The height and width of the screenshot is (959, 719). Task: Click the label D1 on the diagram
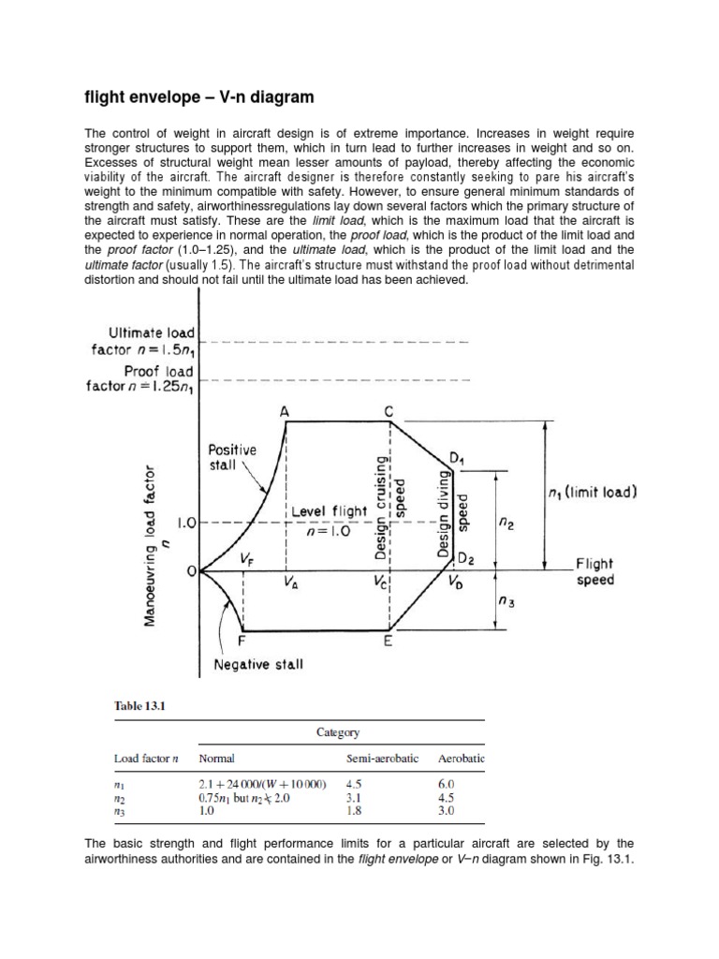point(457,458)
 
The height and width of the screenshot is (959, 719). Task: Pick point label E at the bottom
point(388,642)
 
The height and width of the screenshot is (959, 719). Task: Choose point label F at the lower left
point(242,642)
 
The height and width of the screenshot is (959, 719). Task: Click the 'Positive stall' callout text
point(231,457)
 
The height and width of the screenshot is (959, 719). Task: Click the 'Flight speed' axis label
point(594,571)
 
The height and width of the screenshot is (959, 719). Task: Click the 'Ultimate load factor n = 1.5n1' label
point(151,341)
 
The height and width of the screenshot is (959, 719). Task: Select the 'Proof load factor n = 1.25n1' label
point(151,379)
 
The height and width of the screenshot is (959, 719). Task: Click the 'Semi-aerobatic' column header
point(381,757)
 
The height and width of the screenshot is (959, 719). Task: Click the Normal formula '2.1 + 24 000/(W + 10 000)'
point(261,783)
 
